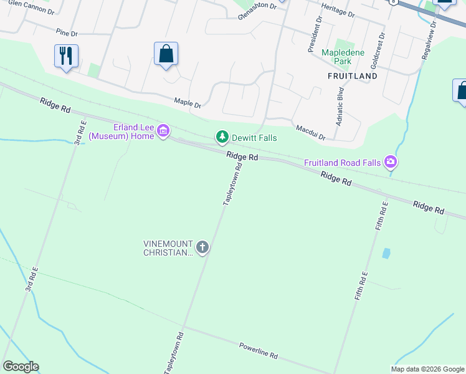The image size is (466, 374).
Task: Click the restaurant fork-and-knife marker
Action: (x=65, y=56)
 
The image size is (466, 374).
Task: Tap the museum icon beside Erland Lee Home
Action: (x=163, y=131)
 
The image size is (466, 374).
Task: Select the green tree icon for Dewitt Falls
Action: (x=221, y=137)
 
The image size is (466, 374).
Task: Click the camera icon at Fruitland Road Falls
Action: (x=390, y=163)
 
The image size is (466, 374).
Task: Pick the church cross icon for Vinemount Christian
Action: (x=202, y=247)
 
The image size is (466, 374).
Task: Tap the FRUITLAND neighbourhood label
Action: (x=353, y=76)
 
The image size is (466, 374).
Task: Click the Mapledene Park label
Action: (x=342, y=57)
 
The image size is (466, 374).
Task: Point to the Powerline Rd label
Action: (x=259, y=350)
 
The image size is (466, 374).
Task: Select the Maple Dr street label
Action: (x=188, y=102)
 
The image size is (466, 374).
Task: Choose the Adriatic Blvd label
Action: (x=340, y=107)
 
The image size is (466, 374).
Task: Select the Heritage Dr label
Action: (x=338, y=10)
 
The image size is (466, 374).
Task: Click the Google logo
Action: (x=21, y=367)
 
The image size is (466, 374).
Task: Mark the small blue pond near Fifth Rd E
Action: (x=386, y=254)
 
